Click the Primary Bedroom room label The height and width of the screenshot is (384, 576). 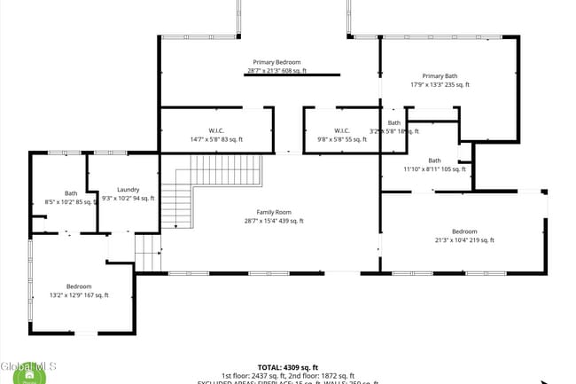(x=276, y=62)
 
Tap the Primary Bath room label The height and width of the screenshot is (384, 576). (x=440, y=75)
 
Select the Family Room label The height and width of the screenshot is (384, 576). (x=274, y=212)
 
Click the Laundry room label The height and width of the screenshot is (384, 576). (x=128, y=189)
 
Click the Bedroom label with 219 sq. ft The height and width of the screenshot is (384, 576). (x=463, y=231)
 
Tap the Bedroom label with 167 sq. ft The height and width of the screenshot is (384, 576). (x=79, y=286)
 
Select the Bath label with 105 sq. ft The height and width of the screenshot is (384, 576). (x=434, y=161)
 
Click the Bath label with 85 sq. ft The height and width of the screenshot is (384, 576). (x=71, y=193)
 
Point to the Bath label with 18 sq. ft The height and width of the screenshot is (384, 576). (x=394, y=122)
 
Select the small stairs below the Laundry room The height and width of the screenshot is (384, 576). (x=148, y=253)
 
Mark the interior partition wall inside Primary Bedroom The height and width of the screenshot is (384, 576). (x=292, y=75)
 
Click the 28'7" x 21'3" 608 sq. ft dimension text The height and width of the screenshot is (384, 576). (x=276, y=71)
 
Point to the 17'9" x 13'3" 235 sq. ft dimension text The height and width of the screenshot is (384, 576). (x=440, y=85)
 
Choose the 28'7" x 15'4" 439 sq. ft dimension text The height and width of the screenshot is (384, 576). (x=274, y=221)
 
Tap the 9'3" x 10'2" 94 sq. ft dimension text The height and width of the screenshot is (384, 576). (x=128, y=198)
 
